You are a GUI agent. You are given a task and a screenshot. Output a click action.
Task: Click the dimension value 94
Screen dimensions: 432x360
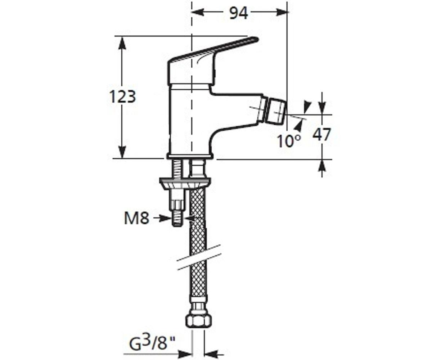pyautogui.click(x=238, y=13)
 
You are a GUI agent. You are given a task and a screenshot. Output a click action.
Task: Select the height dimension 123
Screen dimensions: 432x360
pyautogui.click(x=122, y=96)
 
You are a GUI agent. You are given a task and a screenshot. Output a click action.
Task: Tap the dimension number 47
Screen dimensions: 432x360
pyautogui.click(x=322, y=135)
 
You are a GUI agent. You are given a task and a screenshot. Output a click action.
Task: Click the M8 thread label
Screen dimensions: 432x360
pyautogui.click(x=136, y=218)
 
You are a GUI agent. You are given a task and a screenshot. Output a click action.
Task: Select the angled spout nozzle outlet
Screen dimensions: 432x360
pyautogui.click(x=276, y=111)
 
